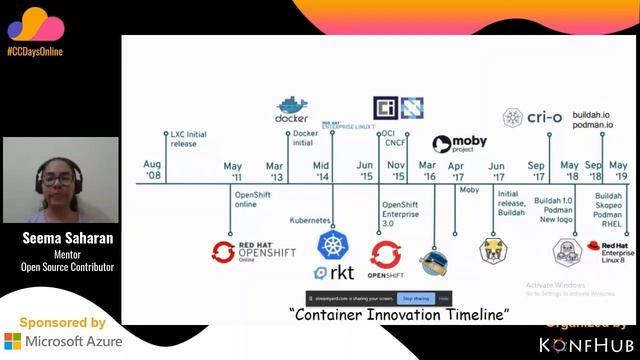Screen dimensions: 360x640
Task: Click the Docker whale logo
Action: pos(291,106)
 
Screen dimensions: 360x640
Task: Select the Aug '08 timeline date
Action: pos(152,169)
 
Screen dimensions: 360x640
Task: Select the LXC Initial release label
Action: pos(191,138)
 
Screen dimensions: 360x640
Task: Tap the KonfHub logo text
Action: pos(585,344)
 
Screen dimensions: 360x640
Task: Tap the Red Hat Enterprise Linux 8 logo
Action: pos(607,254)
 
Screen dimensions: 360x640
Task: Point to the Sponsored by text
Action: pos(62,322)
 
